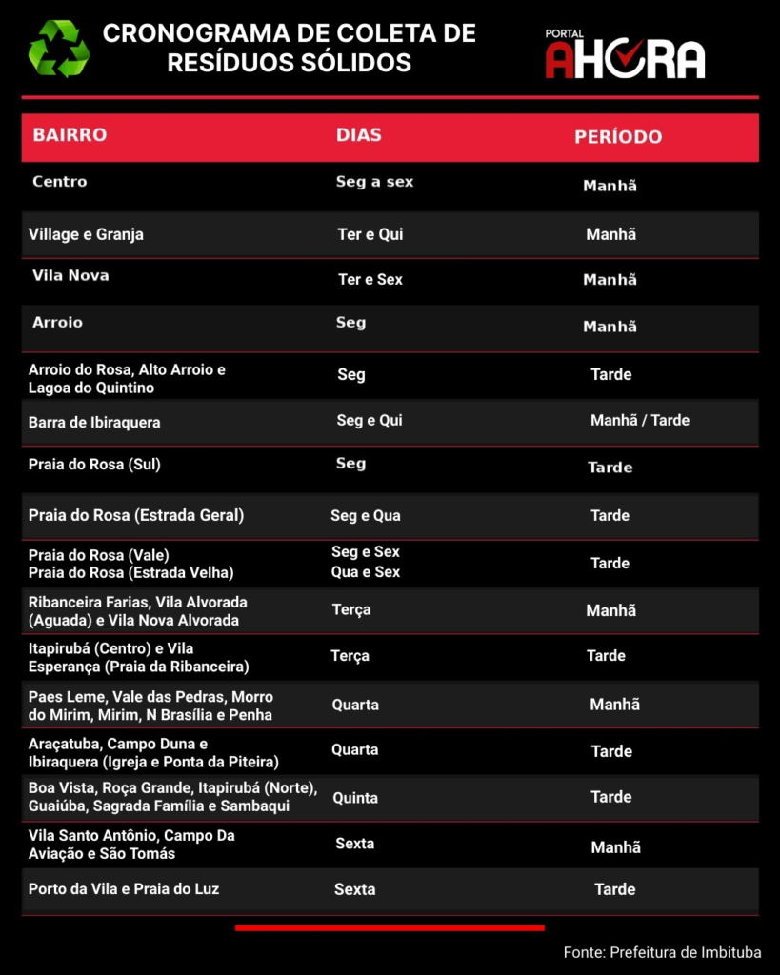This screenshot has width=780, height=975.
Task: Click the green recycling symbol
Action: [59, 49]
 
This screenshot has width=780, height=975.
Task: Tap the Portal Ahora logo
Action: [625, 55]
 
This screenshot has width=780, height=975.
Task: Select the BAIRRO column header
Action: [70, 135]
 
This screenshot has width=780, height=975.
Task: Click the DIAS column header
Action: [359, 135]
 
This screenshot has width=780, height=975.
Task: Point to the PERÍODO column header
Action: [618, 137]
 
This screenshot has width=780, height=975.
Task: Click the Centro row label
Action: [59, 182]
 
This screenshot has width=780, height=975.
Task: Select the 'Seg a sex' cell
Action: [374, 182]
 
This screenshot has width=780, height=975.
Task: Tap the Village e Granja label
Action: [86, 234]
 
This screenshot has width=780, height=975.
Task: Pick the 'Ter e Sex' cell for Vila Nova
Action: [370, 280]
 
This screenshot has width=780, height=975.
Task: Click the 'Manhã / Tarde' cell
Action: [640, 421]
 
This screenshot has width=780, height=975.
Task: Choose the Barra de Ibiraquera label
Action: [94, 423]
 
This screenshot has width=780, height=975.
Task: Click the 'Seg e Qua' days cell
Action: [366, 516]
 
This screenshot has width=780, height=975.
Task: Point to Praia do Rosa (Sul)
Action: [94, 466]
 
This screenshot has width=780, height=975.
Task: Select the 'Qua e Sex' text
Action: [366, 572]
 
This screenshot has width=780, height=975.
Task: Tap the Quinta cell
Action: [355, 798]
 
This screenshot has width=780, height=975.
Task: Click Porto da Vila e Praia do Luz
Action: [124, 889]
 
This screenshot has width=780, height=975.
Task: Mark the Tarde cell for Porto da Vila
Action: [615, 889]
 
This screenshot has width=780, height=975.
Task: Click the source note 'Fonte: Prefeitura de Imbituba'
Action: [662, 952]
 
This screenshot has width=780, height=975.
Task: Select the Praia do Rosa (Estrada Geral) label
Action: [136, 516]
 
